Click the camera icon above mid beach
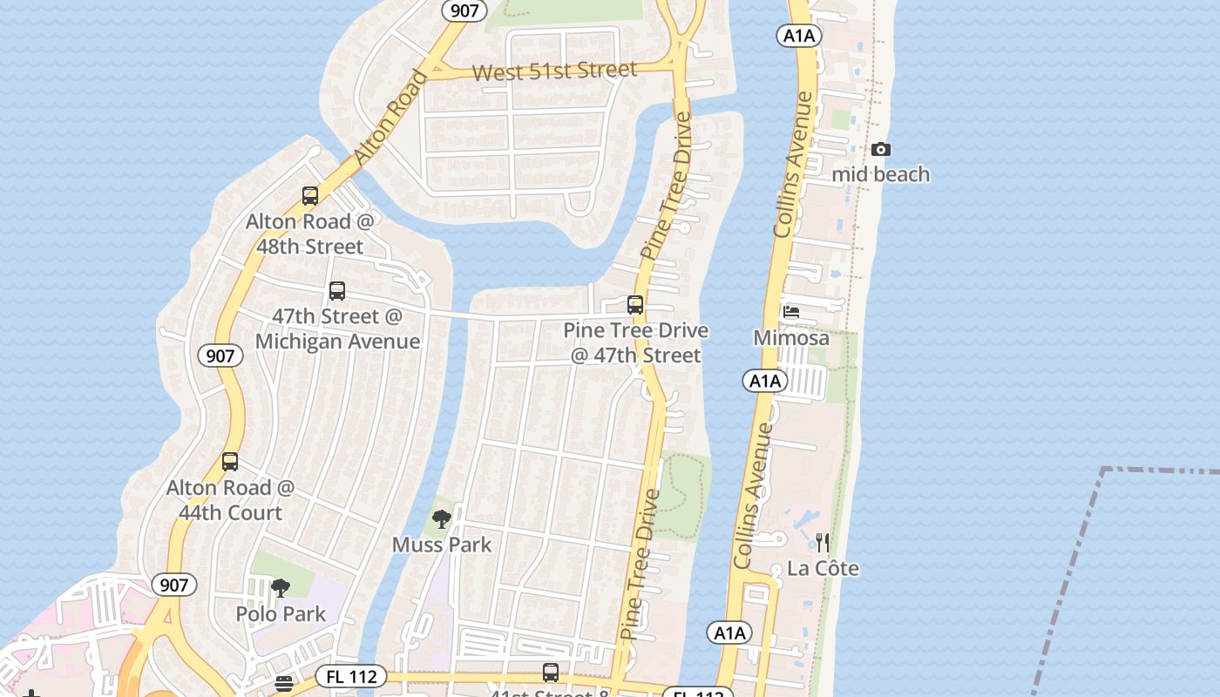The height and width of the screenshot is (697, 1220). click(x=881, y=150)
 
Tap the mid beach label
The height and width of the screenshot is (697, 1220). click(x=880, y=174)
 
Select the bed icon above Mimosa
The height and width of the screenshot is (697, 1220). click(x=791, y=312)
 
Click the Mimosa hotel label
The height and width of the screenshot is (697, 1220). click(x=791, y=337)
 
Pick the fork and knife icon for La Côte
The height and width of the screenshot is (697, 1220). click(x=823, y=543)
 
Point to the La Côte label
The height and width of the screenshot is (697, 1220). click(x=823, y=569)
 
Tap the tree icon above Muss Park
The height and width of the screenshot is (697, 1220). click(x=442, y=519)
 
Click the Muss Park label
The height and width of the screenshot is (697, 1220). click(x=442, y=545)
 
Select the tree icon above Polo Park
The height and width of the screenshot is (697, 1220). click(x=280, y=588)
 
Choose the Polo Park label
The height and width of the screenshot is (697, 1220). click(x=281, y=614)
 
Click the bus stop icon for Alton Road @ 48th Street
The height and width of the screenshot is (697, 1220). click(x=310, y=196)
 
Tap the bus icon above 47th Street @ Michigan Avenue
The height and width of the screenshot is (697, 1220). click(x=337, y=291)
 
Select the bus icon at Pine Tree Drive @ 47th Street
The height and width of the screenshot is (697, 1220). click(x=635, y=305)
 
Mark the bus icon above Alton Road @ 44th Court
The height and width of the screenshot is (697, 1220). click(x=230, y=462)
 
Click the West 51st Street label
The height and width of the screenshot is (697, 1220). click(x=554, y=71)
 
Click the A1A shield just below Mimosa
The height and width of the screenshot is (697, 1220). click(x=764, y=381)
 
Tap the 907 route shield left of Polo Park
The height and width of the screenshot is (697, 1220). click(x=174, y=585)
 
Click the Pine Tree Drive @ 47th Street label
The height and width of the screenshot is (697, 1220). click(x=635, y=343)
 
